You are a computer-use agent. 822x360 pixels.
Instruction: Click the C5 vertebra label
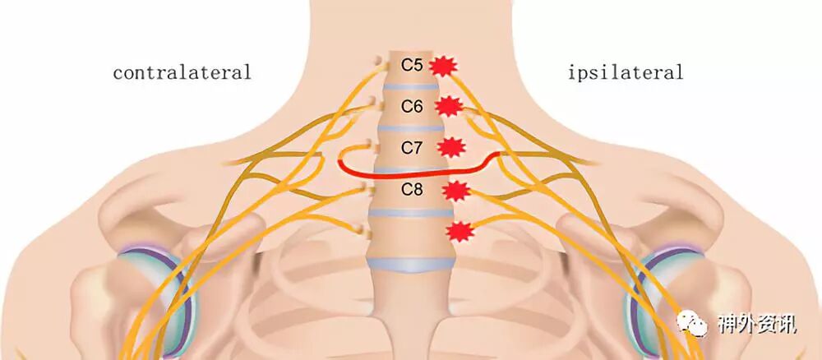coord(411,63)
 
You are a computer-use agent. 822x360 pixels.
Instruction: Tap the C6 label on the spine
coord(412,106)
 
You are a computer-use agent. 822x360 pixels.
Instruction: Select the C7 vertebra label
coord(412,148)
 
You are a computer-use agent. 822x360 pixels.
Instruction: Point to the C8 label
coord(412,190)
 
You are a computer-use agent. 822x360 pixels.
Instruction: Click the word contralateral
coord(182,72)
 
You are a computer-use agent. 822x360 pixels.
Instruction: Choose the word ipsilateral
coord(626,72)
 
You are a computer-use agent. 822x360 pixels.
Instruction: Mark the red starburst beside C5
coord(445,65)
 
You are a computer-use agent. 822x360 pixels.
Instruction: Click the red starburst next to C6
coord(449,106)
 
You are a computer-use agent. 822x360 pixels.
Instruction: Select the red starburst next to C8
coord(455,191)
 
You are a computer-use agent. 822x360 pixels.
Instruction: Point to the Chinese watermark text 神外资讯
coord(756,324)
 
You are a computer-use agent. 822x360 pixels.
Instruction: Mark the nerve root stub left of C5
coord(377,62)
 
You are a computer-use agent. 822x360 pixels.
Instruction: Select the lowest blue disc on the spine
coord(410,264)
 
